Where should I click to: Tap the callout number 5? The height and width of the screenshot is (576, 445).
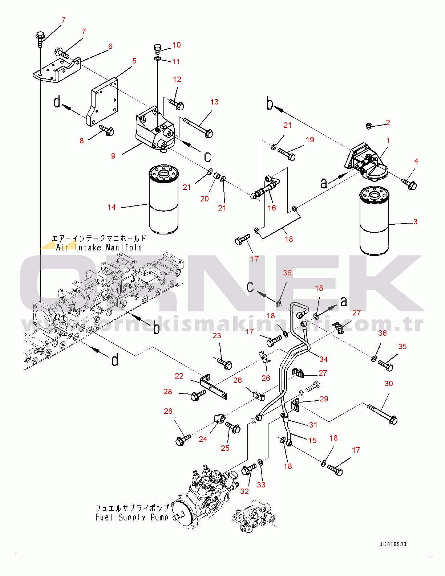(x=134, y=61)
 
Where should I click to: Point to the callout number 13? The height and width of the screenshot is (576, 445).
(x=214, y=102)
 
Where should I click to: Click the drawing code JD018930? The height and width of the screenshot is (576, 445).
(x=393, y=544)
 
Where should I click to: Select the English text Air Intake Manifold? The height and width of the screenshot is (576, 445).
(x=99, y=248)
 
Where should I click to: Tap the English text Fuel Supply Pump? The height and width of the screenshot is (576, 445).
(x=132, y=517)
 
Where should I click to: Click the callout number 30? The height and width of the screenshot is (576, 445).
(x=389, y=384)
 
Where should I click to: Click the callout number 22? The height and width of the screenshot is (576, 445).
(x=179, y=376)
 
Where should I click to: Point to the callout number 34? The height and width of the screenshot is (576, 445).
(x=324, y=359)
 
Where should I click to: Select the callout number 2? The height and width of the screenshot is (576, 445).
(x=388, y=123)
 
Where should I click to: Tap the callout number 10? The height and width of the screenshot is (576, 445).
(x=177, y=45)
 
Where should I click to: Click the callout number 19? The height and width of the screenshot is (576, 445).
(x=310, y=140)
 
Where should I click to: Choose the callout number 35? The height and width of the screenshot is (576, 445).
(x=402, y=347)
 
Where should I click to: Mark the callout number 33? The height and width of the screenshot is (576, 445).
(x=261, y=485)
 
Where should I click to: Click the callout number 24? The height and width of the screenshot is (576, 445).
(x=203, y=439)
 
